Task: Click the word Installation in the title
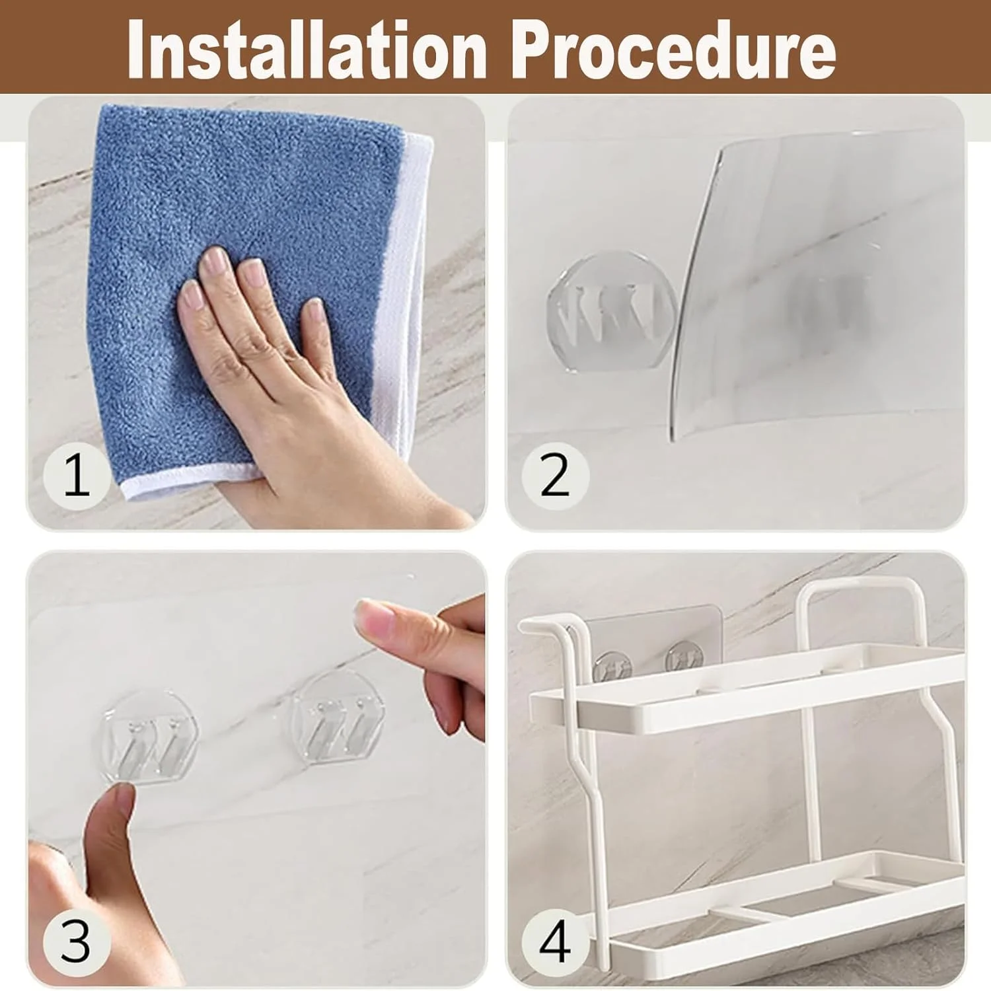click(x=307, y=50)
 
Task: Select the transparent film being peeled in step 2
click(x=816, y=284)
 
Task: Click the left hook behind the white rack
click(x=612, y=666)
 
